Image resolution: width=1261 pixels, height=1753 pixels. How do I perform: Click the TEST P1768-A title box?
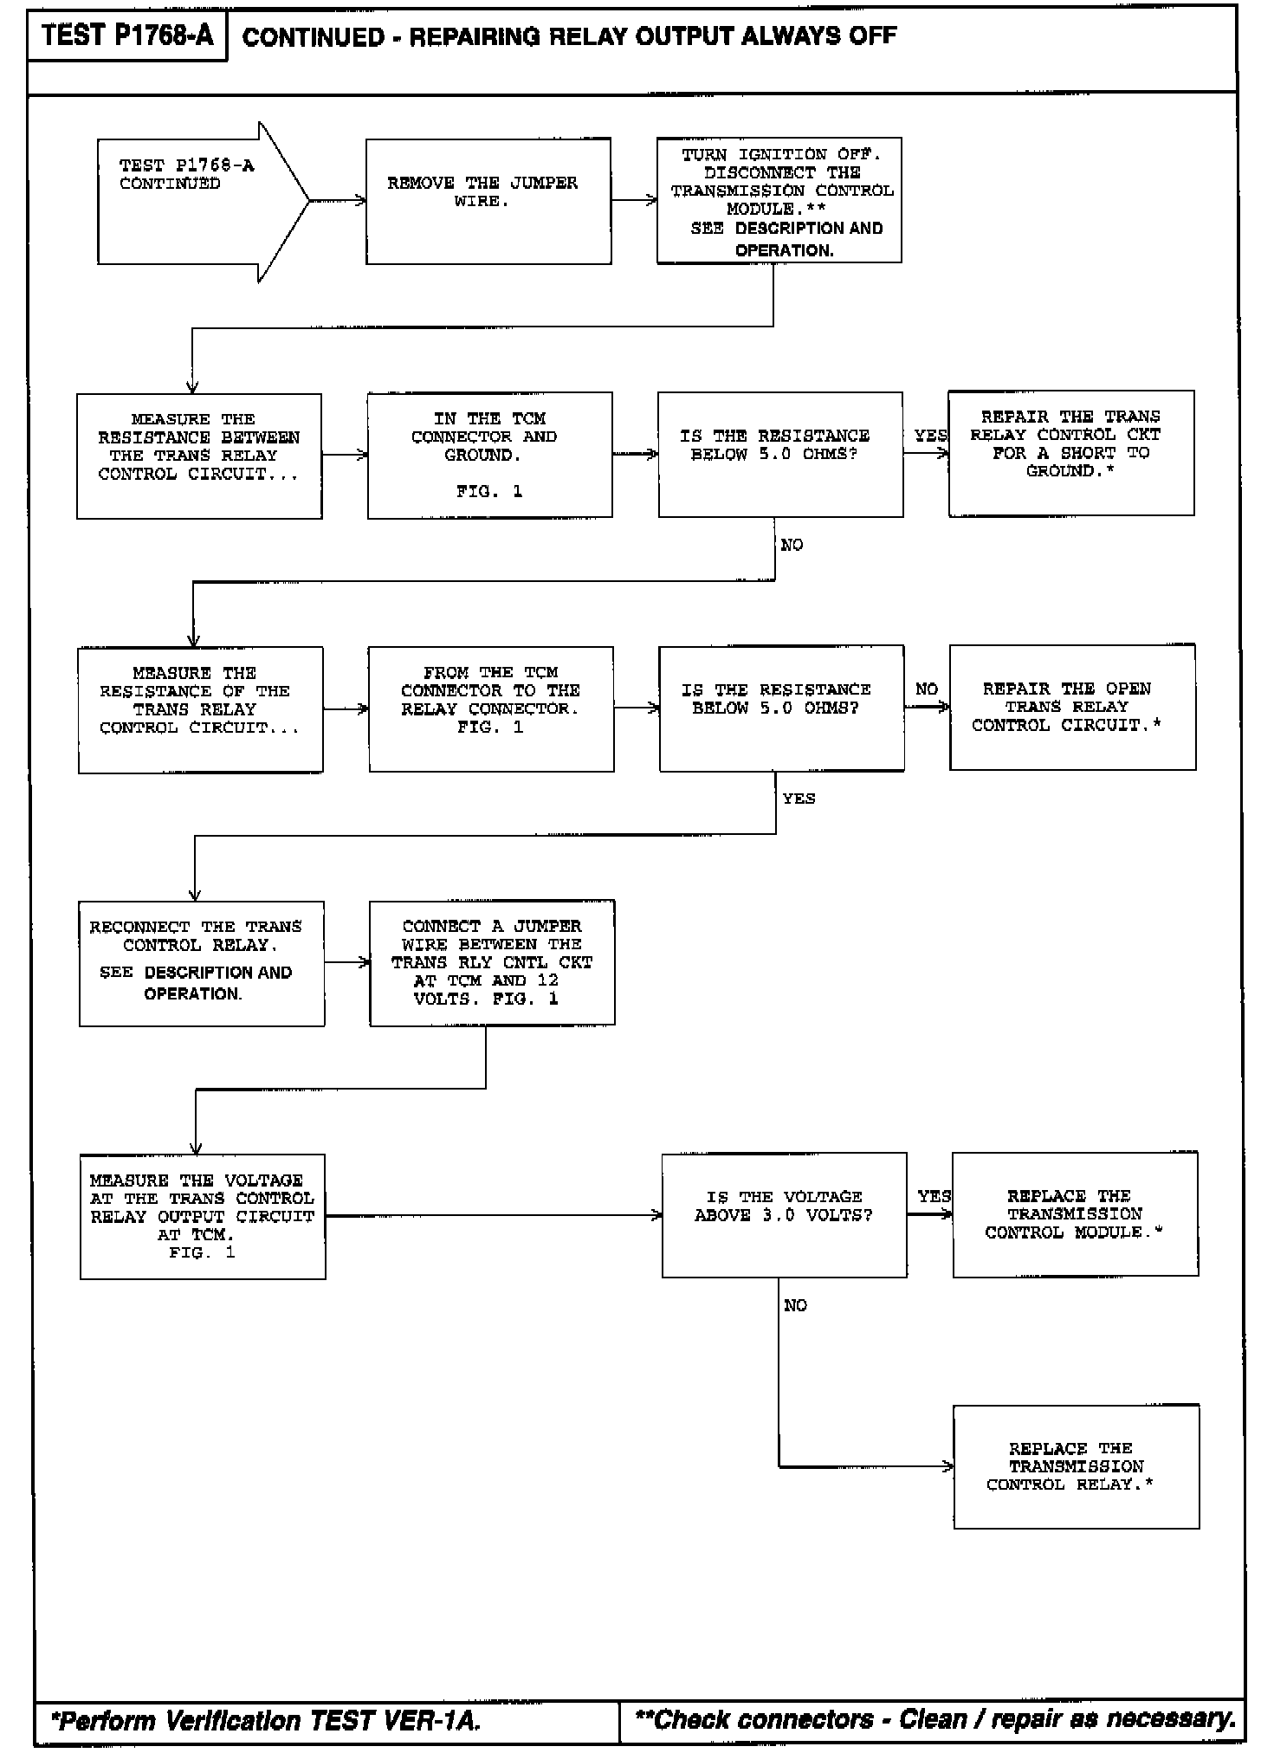point(127,36)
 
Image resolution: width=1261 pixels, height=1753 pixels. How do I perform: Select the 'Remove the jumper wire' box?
point(488,201)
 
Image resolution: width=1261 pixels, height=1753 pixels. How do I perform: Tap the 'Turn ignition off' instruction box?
point(779,200)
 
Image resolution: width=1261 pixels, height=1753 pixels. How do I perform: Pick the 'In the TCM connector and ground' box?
point(489,455)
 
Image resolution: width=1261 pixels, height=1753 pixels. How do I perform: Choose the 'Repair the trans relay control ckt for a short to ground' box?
point(1070,453)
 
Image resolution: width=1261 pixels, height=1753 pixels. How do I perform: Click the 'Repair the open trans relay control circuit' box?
point(1072,708)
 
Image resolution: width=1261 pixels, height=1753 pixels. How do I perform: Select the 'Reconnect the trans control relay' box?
point(202,963)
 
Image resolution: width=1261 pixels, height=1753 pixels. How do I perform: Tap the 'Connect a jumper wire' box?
point(492,962)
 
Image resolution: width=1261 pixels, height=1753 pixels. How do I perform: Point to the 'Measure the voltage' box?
point(203,1216)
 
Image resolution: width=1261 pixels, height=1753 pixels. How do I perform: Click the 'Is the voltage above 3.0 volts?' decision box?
point(784,1214)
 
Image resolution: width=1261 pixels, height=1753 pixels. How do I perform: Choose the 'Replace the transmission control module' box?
point(1075,1213)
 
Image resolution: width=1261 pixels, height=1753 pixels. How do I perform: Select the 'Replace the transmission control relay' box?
point(1076,1466)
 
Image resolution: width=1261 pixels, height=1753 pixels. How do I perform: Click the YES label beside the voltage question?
point(934,1196)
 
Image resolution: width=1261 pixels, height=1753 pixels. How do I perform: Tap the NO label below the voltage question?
point(795,1305)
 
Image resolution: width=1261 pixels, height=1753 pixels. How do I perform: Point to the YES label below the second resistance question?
point(799,799)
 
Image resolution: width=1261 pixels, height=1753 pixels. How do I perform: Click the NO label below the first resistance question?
point(792,545)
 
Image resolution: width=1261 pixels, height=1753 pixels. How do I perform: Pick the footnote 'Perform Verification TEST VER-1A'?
point(266,1720)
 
